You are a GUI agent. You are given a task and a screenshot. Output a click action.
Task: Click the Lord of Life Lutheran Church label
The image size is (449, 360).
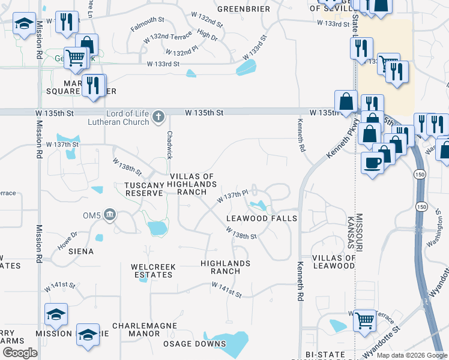(127, 118)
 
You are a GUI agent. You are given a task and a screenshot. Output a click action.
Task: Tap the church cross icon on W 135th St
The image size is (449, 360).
(158, 116)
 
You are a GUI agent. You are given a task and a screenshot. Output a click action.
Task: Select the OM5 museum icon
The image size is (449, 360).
(109, 214)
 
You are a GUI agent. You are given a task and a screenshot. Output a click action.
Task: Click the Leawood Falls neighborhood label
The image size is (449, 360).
(262, 218)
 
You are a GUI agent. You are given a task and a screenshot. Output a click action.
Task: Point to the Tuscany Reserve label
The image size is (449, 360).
(144, 189)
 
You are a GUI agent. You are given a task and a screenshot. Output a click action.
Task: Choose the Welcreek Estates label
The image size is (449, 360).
(152, 271)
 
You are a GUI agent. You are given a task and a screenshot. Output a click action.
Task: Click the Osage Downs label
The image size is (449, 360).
(195, 344)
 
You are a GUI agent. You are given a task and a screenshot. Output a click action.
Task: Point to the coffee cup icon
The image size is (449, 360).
(372, 163)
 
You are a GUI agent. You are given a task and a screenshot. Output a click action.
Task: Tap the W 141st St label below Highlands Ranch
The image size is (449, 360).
(226, 292)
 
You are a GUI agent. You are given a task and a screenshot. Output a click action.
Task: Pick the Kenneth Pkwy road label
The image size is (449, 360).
(337, 146)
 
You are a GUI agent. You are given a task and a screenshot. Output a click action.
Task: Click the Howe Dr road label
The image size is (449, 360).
(67, 238)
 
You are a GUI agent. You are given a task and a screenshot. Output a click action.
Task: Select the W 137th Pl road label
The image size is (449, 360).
(232, 195)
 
